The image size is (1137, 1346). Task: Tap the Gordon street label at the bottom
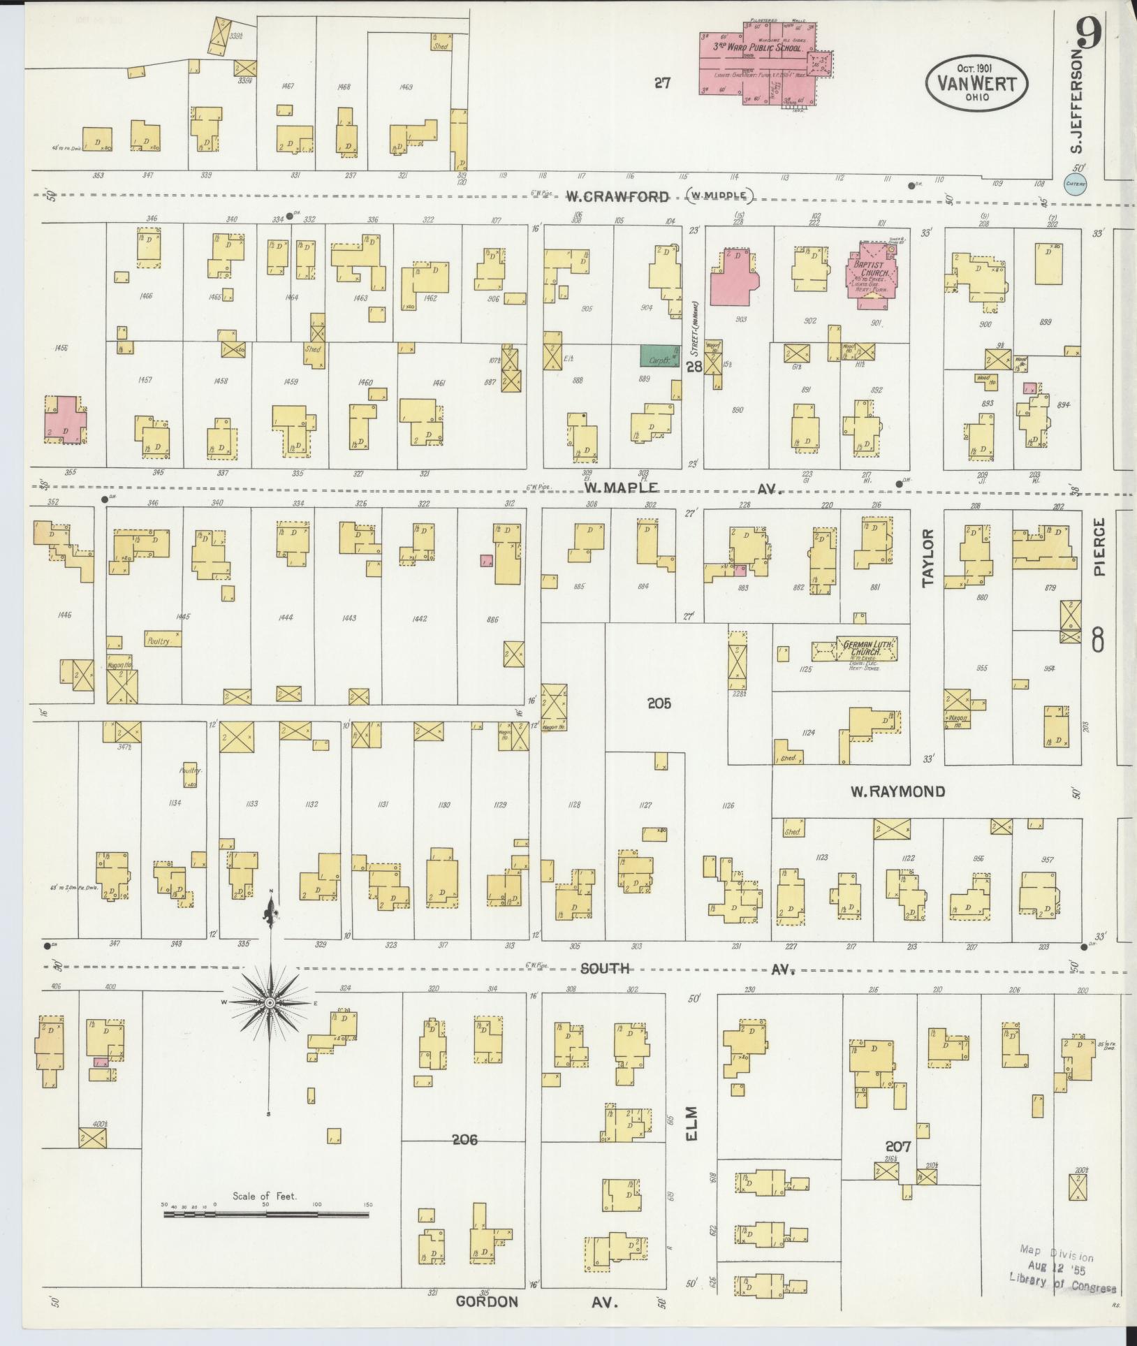point(487,1301)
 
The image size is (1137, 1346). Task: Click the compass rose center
point(270,1002)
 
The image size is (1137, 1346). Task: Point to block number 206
point(464,1140)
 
